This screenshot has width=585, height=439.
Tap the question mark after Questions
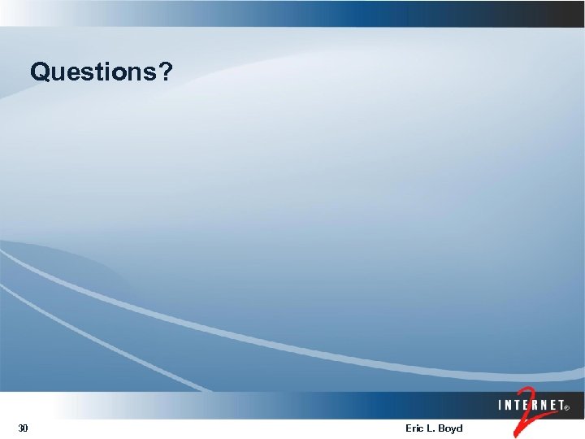[165, 72]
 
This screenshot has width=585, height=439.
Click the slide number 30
[23, 428]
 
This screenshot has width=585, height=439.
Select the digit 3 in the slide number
[20, 428]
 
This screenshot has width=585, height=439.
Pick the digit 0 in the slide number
[25, 428]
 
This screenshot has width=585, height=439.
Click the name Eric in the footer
[414, 428]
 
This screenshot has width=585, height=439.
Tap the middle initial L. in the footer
[431, 428]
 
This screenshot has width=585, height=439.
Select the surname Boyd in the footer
[451, 428]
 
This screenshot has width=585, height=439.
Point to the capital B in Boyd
[443, 428]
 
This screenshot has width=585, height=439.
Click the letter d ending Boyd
[460, 428]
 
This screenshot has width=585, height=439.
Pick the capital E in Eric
[408, 428]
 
